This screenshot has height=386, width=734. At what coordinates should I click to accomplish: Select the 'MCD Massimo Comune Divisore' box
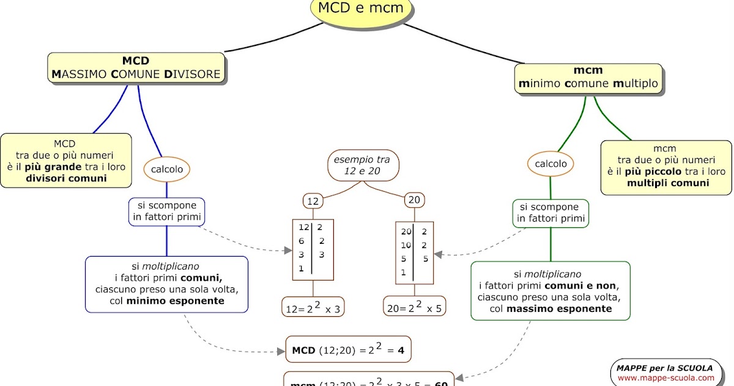pos(136,67)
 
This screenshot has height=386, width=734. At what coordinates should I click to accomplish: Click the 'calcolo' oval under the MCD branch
pos(167,169)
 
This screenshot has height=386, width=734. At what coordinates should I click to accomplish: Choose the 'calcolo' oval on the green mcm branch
pos(550,164)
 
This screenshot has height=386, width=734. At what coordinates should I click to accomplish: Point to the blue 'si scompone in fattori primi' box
pos(166,211)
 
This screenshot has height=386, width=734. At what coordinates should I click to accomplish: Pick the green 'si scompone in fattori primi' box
pos(550,213)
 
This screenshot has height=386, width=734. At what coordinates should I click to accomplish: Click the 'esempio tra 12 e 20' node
pos(362,165)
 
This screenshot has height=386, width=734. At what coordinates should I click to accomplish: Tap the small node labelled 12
pos(313,200)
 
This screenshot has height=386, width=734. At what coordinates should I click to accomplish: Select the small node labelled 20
pos(414,200)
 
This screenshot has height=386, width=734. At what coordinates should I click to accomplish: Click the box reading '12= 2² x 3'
pos(313,308)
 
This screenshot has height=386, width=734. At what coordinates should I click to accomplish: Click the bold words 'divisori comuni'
pos(66,178)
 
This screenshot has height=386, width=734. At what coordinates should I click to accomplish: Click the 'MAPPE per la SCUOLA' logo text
pos(664,368)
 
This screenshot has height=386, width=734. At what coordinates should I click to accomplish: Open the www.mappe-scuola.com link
pos(665,378)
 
